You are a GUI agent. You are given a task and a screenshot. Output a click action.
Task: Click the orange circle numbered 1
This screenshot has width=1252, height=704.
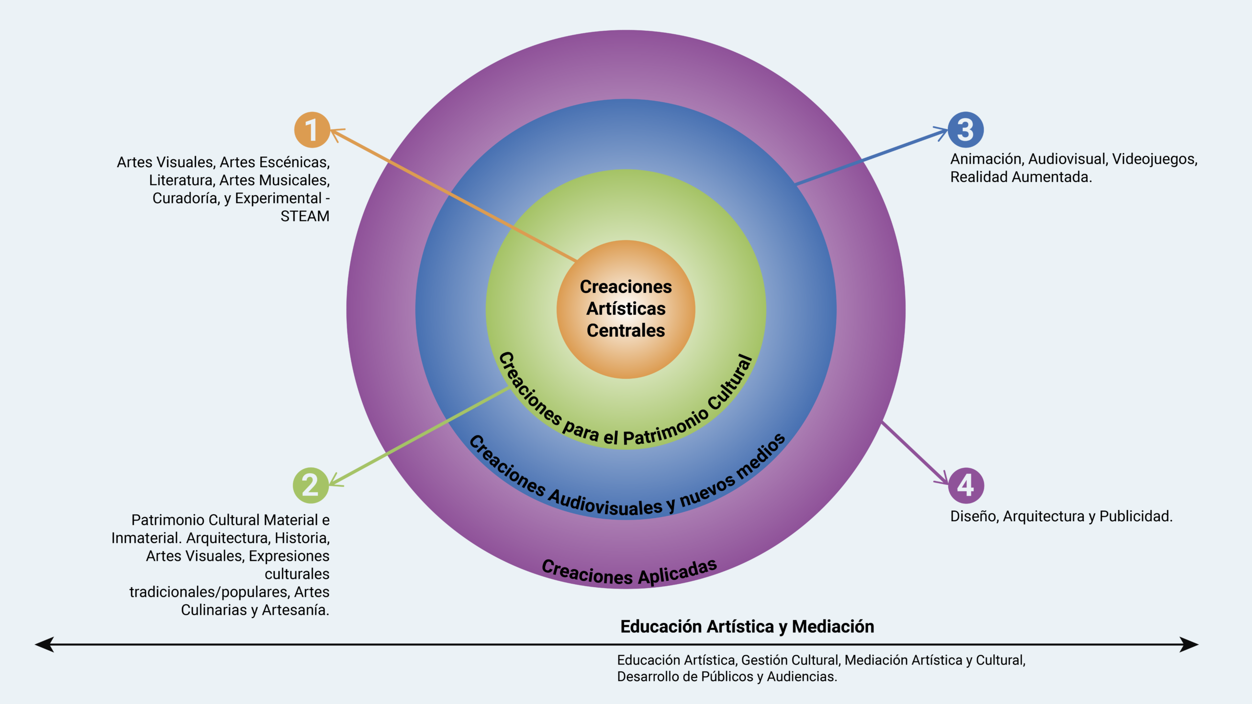tap(312, 130)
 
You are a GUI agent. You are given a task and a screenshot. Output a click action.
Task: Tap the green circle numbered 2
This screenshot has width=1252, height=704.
tap(311, 485)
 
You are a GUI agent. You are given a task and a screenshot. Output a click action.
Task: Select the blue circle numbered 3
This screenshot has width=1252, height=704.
tap(965, 130)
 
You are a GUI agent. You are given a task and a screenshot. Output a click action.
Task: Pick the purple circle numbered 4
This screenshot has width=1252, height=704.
tap(966, 485)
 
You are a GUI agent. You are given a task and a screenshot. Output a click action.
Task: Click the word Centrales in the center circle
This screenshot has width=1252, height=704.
tap(626, 331)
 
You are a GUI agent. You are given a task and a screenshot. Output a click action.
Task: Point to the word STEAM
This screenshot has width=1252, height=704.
tap(305, 216)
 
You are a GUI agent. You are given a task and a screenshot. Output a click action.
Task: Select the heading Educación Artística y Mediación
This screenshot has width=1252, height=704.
tap(747, 627)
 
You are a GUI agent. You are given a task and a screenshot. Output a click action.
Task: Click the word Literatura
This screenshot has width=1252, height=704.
tap(181, 180)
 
